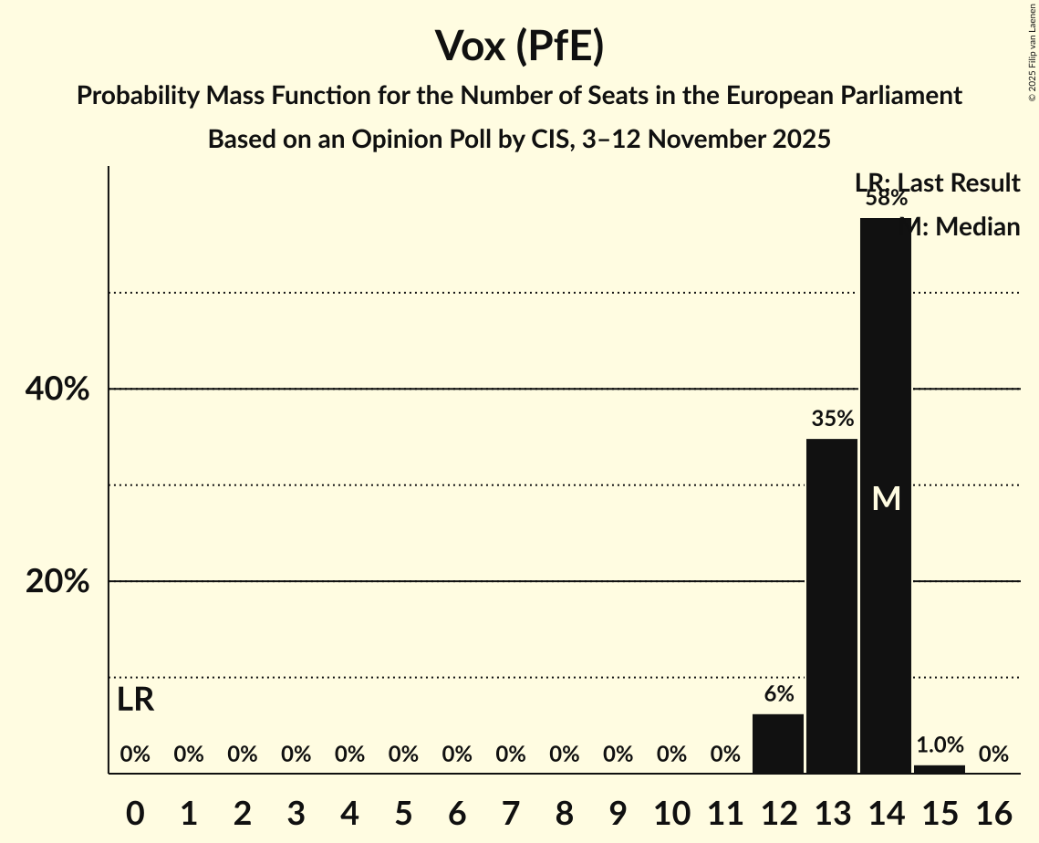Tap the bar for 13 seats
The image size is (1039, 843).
click(832, 606)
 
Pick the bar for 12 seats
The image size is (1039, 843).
click(778, 744)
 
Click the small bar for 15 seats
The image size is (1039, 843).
click(940, 769)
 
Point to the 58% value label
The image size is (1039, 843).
click(886, 198)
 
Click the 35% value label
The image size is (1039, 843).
click(832, 419)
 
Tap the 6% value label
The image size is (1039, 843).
click(778, 694)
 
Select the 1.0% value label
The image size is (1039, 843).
click(940, 745)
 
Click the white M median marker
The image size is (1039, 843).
click(886, 499)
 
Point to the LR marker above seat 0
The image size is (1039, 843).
click(135, 701)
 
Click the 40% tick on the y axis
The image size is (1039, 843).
click(57, 390)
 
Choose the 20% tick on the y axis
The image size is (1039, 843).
click(57, 582)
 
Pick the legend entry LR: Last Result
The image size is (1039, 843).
click(937, 183)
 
